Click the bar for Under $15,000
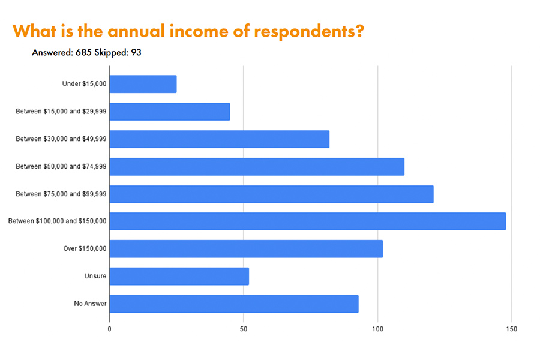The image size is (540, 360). click(x=143, y=84)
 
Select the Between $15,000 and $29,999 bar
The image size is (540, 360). click(x=170, y=112)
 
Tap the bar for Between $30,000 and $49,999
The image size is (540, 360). click(x=220, y=139)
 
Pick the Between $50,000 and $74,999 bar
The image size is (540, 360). click(x=257, y=166)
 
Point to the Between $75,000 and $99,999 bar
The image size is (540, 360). click(x=271, y=194)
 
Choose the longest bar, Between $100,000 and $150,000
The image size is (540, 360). click(x=307, y=221)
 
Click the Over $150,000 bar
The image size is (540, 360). click(x=246, y=248)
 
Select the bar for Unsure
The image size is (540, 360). click(x=179, y=276)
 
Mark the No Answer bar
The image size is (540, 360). click(x=234, y=304)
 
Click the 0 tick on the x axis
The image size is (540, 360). click(x=110, y=329)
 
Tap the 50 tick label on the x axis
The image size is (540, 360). click(x=244, y=329)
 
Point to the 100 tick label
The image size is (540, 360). click(x=377, y=329)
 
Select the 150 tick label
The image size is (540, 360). click(x=511, y=329)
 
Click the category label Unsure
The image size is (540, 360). click(x=95, y=276)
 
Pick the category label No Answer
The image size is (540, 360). click(x=91, y=304)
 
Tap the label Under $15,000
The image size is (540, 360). click(x=85, y=84)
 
